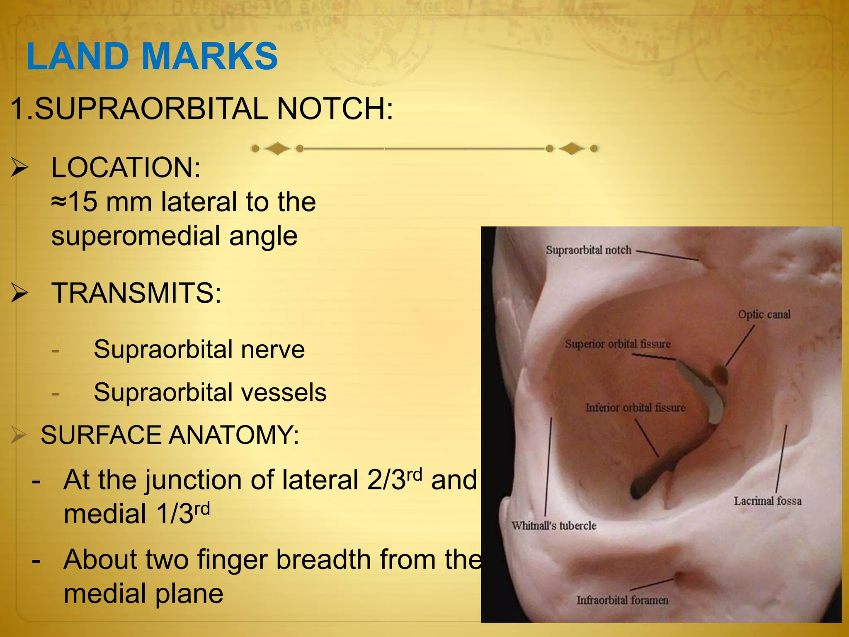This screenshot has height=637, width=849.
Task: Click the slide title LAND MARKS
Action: [152, 56]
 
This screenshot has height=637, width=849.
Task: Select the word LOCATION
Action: [126, 168]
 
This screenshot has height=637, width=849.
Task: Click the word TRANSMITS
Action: [136, 293]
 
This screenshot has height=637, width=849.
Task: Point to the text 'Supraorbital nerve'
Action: [199, 349]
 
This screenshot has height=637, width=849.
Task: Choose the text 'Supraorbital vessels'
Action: [210, 392]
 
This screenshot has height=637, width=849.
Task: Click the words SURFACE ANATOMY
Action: [170, 435]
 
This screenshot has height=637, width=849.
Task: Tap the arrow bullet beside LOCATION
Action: [19, 168]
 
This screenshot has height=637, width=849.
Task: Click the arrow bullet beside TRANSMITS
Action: [19, 293]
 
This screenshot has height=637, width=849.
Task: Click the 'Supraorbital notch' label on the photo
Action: [588, 250]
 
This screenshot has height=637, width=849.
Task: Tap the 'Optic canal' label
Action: [764, 315]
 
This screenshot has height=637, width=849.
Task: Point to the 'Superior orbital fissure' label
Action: [617, 344]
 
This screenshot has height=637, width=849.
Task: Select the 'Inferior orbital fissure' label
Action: [635, 408]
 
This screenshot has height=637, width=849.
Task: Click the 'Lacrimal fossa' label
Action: [767, 501]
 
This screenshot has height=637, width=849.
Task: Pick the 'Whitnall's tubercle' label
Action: [553, 526]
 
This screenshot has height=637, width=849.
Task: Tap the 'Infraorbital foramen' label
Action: [622, 600]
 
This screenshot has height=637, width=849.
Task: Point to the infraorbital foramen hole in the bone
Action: [679, 577]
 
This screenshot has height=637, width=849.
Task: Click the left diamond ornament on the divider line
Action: [277, 148]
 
